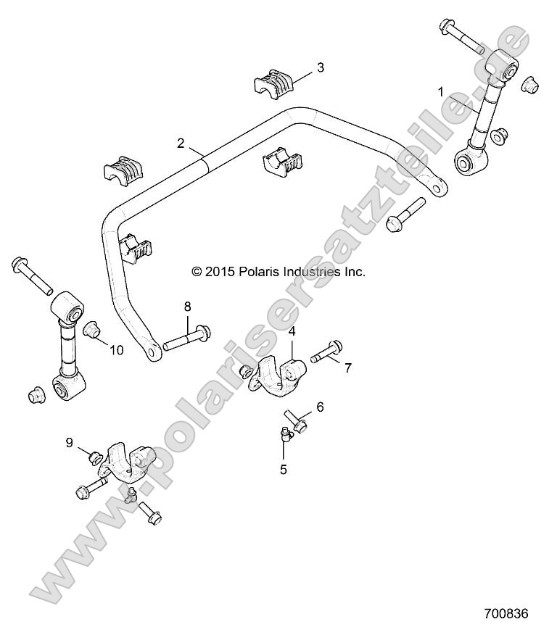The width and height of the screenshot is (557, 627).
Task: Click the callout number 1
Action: point(440,92)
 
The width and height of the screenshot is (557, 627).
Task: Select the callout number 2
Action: point(181,143)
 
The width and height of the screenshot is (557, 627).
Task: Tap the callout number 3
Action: point(320,68)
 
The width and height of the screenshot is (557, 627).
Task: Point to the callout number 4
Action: point(292,331)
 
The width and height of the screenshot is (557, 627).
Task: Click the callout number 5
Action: point(284,469)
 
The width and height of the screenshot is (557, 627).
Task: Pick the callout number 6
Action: point(319,407)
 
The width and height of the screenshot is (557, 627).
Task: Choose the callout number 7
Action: point(347,368)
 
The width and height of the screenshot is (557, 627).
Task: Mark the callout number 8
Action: point(187,307)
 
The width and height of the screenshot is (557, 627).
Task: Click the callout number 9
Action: point(70,442)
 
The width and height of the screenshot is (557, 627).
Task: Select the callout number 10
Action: point(116,350)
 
